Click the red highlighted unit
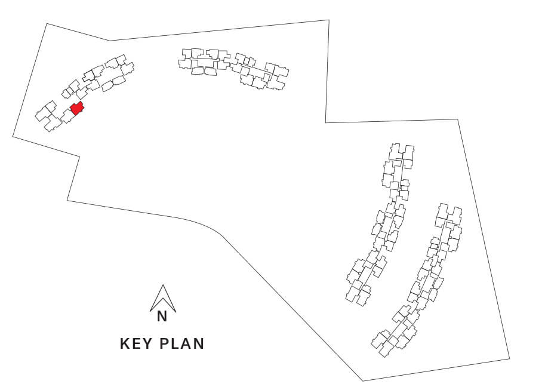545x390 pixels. tap(77, 108)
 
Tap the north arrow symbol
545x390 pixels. tap(163, 299)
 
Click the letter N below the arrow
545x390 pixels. tap(162, 317)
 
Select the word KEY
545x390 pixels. tap(136, 343)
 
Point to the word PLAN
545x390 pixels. tap(182, 343)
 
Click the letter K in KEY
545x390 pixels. tap(125, 343)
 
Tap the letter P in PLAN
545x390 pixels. tap(164, 343)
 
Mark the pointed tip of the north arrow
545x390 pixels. tap(163, 285)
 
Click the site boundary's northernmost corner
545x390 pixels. tap(329, 20)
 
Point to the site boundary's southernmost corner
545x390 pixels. tap(363, 380)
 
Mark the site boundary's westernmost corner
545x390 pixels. tap(13, 136)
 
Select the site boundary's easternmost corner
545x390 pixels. tap(510, 358)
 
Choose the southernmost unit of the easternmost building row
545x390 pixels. tap(385, 348)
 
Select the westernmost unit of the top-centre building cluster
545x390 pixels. tap(184, 64)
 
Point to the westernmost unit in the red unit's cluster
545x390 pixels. tap(43, 113)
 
